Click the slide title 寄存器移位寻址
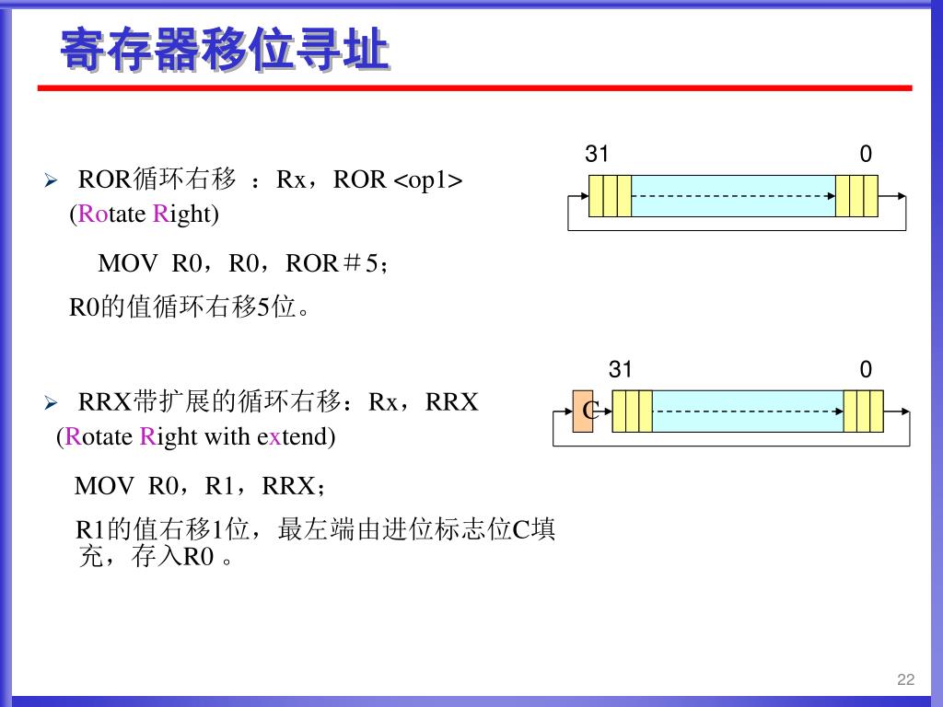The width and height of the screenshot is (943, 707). coord(224,50)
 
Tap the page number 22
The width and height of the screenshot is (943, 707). coord(905,679)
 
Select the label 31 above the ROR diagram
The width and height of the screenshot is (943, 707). coord(598,155)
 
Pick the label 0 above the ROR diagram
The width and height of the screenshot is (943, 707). coord(866,155)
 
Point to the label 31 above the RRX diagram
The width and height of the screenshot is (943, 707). coord(621,370)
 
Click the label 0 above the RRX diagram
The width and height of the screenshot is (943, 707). coord(866,370)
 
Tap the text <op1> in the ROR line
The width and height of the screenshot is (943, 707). coord(428,180)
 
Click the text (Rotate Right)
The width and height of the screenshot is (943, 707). coord(144,214)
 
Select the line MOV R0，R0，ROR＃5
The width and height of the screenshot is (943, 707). coord(244,264)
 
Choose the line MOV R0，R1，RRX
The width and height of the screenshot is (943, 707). coord(200,485)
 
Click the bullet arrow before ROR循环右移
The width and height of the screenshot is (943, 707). coord(52,180)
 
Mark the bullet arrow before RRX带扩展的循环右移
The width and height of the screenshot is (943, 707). coord(52,403)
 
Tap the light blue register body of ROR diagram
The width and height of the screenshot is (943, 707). coord(733,195)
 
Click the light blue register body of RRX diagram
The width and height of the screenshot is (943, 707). coord(747,411)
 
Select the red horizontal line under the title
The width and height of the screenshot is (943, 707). coord(474,88)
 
